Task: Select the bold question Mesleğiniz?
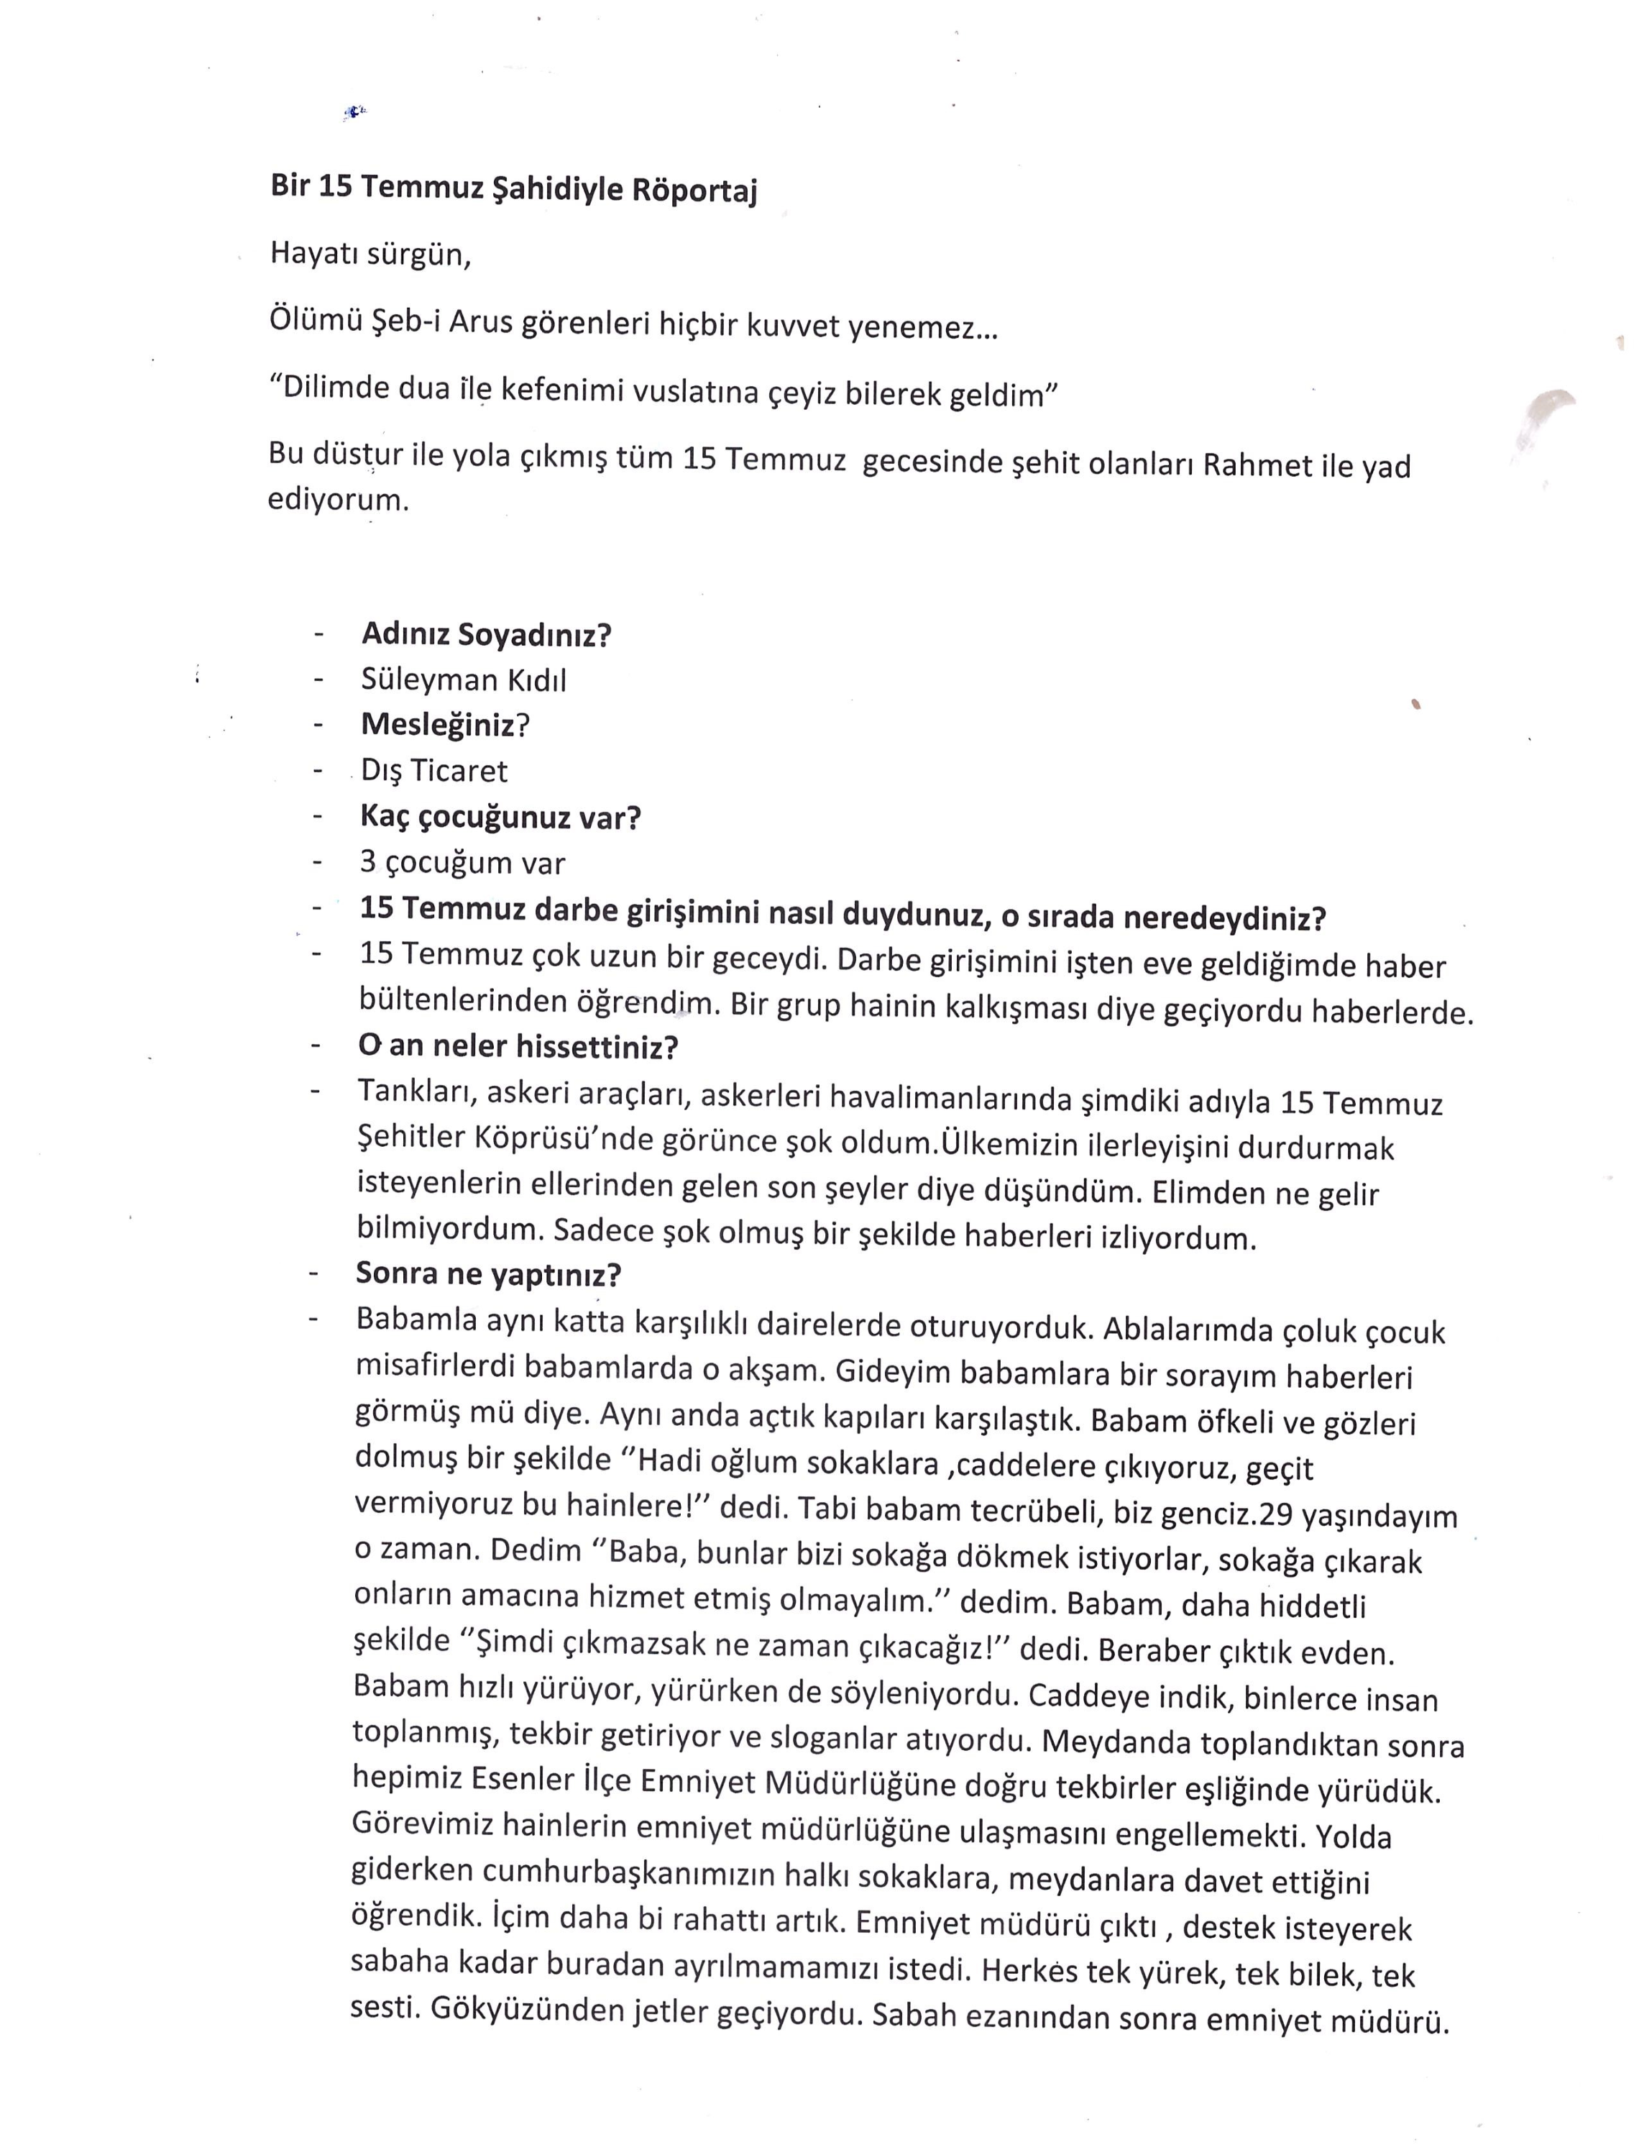pyautogui.click(x=445, y=726)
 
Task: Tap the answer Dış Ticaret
pyautogui.click(x=434, y=771)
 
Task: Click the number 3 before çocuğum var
pyautogui.click(x=369, y=863)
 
